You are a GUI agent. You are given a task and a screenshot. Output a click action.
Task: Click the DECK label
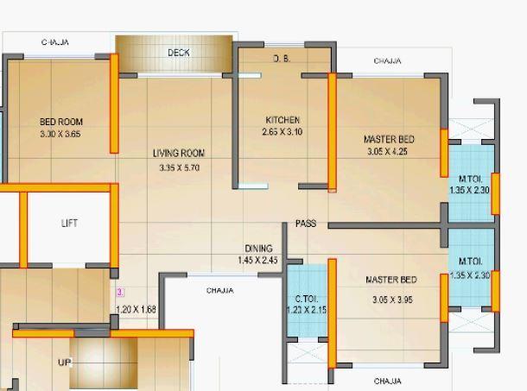click(x=179, y=53)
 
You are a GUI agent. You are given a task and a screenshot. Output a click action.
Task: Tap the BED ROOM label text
click(x=61, y=122)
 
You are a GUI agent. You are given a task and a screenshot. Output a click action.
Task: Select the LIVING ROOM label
click(x=179, y=154)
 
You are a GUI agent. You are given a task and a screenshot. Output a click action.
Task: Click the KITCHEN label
click(x=283, y=120)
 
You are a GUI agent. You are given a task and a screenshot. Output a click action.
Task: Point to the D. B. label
click(x=282, y=59)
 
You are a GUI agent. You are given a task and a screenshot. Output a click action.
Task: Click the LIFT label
click(x=70, y=223)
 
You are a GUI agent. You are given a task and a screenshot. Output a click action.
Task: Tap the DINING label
click(x=258, y=249)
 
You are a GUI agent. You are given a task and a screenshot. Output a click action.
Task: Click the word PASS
click(x=306, y=224)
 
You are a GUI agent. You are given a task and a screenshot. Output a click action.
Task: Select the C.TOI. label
click(x=307, y=299)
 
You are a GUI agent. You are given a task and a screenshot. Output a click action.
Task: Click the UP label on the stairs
click(x=65, y=363)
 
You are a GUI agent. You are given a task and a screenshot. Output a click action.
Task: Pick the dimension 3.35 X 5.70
click(x=179, y=167)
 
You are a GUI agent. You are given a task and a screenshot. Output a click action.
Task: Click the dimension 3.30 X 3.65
click(x=60, y=135)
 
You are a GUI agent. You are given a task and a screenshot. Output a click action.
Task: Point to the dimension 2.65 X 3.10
click(x=283, y=133)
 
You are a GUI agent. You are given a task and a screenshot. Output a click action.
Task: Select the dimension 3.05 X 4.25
click(x=389, y=152)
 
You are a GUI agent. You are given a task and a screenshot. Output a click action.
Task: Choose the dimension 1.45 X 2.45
click(x=258, y=260)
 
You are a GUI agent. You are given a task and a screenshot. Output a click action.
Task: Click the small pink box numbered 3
click(x=121, y=293)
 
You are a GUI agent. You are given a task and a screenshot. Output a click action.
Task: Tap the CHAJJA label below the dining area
click(x=219, y=291)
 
